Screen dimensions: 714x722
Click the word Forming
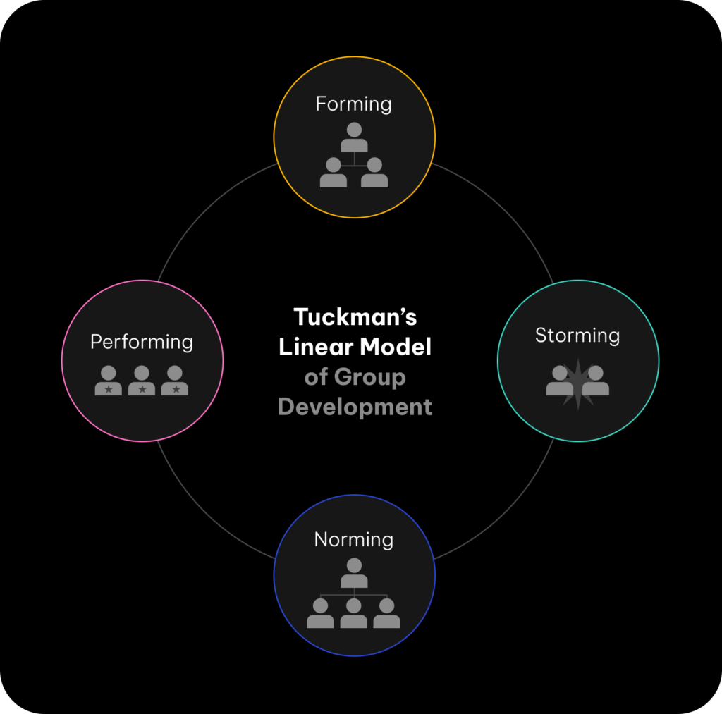pyautogui.click(x=353, y=104)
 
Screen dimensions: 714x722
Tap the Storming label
pyautogui.click(x=577, y=336)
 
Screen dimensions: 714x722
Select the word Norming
pyautogui.click(x=353, y=540)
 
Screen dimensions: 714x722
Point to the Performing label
pyautogui.click(x=142, y=342)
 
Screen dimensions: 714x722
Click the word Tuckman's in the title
pyautogui.click(x=355, y=317)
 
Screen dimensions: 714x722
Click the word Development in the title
pyautogui.click(x=355, y=407)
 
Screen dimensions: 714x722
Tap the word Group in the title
pyautogui.click(x=369, y=377)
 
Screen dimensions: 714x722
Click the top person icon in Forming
pyautogui.click(x=354, y=137)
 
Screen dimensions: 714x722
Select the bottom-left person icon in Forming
pyautogui.click(x=334, y=173)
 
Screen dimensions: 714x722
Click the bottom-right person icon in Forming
pyautogui.click(x=374, y=173)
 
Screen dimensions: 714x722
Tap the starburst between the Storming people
pyautogui.click(x=578, y=383)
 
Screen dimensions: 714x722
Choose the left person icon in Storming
pyautogui.click(x=559, y=381)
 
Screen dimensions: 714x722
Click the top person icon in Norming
pyautogui.click(x=354, y=573)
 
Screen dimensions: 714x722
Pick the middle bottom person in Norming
pyautogui.click(x=354, y=613)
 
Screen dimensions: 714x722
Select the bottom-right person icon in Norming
pyautogui.click(x=387, y=613)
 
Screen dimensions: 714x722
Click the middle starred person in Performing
pyautogui.click(x=142, y=381)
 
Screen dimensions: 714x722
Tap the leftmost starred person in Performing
pyautogui.click(x=109, y=381)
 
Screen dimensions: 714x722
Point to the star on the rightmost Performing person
pyautogui.click(x=176, y=389)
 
